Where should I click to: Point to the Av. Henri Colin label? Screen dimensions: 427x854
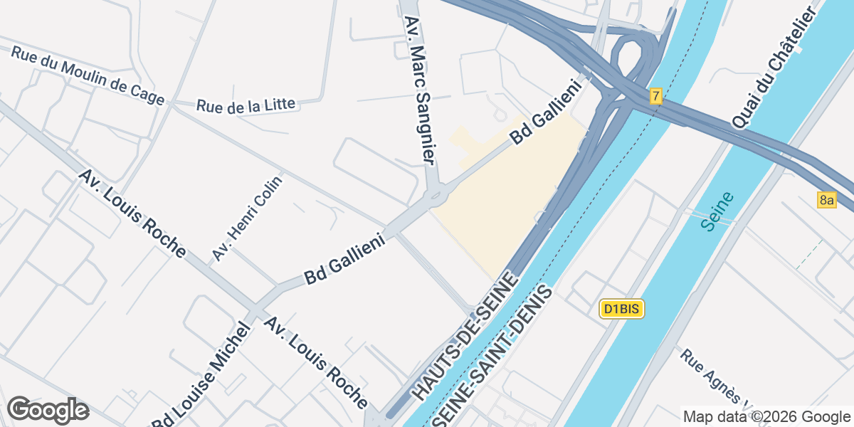click(x=247, y=218)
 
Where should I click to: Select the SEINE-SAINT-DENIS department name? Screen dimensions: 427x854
click(x=497, y=356)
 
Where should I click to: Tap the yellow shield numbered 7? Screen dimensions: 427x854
click(x=655, y=96)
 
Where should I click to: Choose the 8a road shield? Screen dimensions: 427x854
click(x=826, y=200)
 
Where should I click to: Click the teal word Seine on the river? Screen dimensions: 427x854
click(x=717, y=211)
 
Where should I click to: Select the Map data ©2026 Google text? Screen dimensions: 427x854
click(x=766, y=416)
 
